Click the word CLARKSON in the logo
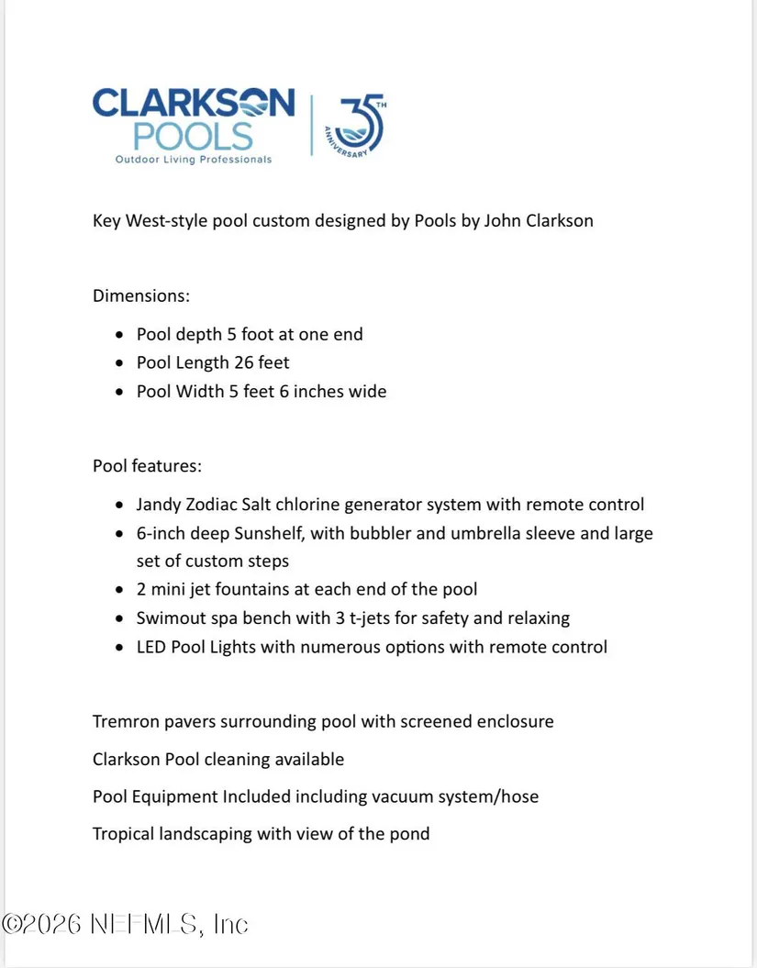[x=194, y=103]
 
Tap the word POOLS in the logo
[x=193, y=136]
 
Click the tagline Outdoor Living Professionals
[x=193, y=160]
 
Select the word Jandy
[x=159, y=505]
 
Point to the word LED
[x=151, y=647]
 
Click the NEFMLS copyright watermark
[x=125, y=924]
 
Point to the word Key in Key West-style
[x=107, y=221]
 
